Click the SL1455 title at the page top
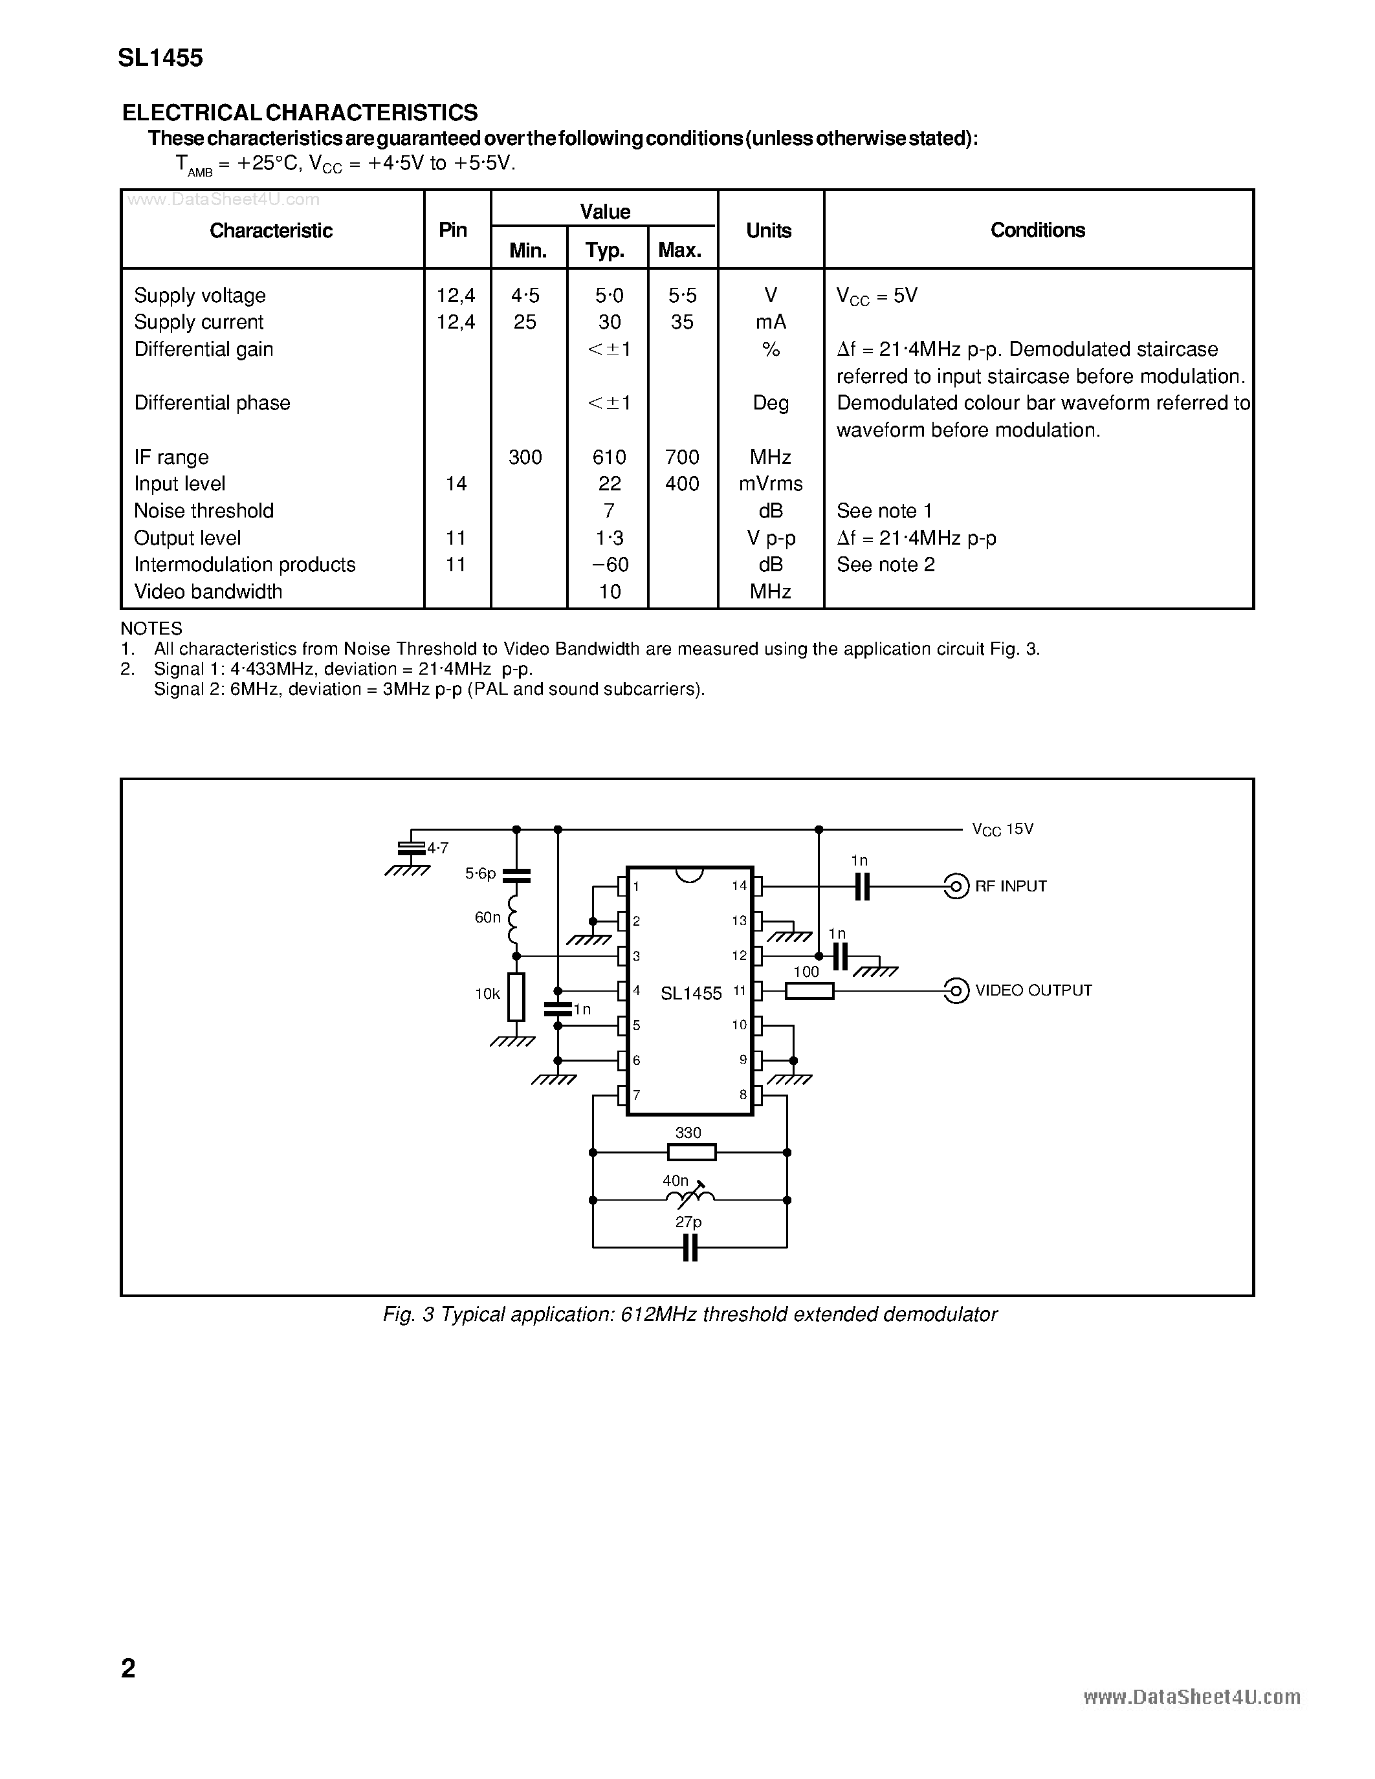pyautogui.click(x=160, y=58)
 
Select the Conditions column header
pyautogui.click(x=1037, y=230)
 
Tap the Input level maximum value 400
pyautogui.click(x=682, y=484)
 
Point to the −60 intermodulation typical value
pyautogui.click(x=610, y=565)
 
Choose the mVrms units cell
pyautogui.click(x=771, y=484)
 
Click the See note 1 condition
pyautogui.click(x=884, y=510)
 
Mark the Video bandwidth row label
pyautogui.click(x=208, y=592)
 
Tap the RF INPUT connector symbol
pyautogui.click(x=956, y=886)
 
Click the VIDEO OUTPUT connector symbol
pyautogui.click(x=956, y=990)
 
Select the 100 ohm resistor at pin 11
pyautogui.click(x=809, y=990)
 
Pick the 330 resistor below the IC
pyautogui.click(x=691, y=1151)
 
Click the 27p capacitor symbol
pyautogui.click(x=690, y=1247)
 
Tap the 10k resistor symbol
pyautogui.click(x=516, y=996)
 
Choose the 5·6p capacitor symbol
pyautogui.click(x=516, y=876)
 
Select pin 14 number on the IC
pyautogui.click(x=739, y=886)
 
